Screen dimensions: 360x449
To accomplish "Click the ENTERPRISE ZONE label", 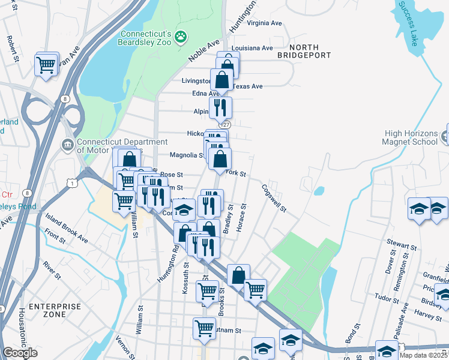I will tap(55, 310).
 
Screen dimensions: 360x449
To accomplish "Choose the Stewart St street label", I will tap(402, 246).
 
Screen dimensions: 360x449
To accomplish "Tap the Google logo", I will tap(20, 353).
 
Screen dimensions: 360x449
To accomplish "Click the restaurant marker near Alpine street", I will tap(220, 107).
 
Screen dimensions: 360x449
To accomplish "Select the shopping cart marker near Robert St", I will tap(46, 65).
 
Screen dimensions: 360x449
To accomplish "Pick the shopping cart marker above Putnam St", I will tap(205, 329).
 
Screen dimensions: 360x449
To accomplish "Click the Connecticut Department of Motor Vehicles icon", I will tap(67, 145).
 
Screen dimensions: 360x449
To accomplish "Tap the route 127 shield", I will tap(225, 124).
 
